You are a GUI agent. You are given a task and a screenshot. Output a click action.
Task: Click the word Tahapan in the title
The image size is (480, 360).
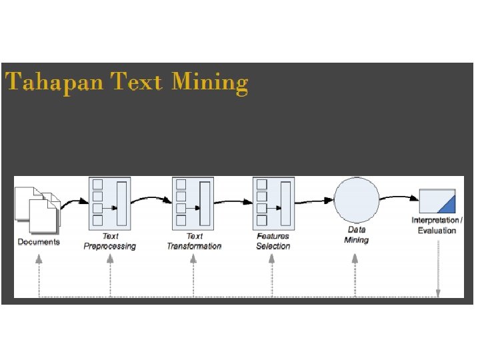[x=55, y=83]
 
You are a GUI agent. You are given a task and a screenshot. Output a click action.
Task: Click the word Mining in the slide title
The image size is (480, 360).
[x=209, y=83]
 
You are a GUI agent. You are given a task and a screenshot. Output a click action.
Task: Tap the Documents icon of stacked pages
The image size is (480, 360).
[x=39, y=207]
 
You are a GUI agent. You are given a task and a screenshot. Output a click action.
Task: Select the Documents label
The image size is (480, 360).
[x=39, y=242]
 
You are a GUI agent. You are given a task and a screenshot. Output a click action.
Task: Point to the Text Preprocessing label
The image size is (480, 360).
[x=109, y=241]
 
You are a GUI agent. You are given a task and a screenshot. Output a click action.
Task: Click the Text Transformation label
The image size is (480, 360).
[x=194, y=241]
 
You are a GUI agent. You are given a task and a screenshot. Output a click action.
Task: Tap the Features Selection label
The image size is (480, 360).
[x=273, y=241]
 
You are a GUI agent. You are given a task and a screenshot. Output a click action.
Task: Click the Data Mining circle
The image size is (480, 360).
[x=356, y=200]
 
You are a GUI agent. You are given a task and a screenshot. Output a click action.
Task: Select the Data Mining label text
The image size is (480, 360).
[x=356, y=235]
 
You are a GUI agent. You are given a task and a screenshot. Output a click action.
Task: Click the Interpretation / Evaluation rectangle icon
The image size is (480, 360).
[x=437, y=201]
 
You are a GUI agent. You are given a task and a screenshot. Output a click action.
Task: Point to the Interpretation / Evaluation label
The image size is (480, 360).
[x=437, y=225]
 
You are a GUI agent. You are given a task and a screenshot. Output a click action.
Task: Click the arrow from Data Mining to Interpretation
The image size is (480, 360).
[x=399, y=197]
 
